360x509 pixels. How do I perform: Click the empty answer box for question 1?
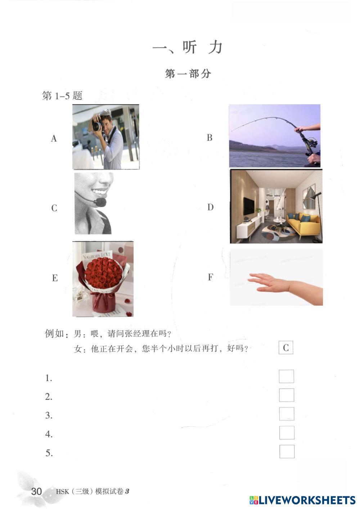point(286,376)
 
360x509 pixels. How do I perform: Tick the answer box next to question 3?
point(287,414)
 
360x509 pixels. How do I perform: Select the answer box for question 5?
point(287,451)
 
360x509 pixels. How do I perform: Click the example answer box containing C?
point(286,347)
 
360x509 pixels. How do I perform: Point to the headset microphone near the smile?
point(101,202)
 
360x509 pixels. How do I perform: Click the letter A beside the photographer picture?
point(54,138)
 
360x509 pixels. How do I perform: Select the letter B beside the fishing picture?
point(210,138)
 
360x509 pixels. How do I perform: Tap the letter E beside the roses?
point(55,278)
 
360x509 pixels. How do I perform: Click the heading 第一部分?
point(188,74)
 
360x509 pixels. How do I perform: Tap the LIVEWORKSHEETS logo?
point(302,500)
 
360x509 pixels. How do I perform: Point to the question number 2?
point(48,397)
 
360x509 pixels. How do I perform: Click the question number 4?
point(49,434)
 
